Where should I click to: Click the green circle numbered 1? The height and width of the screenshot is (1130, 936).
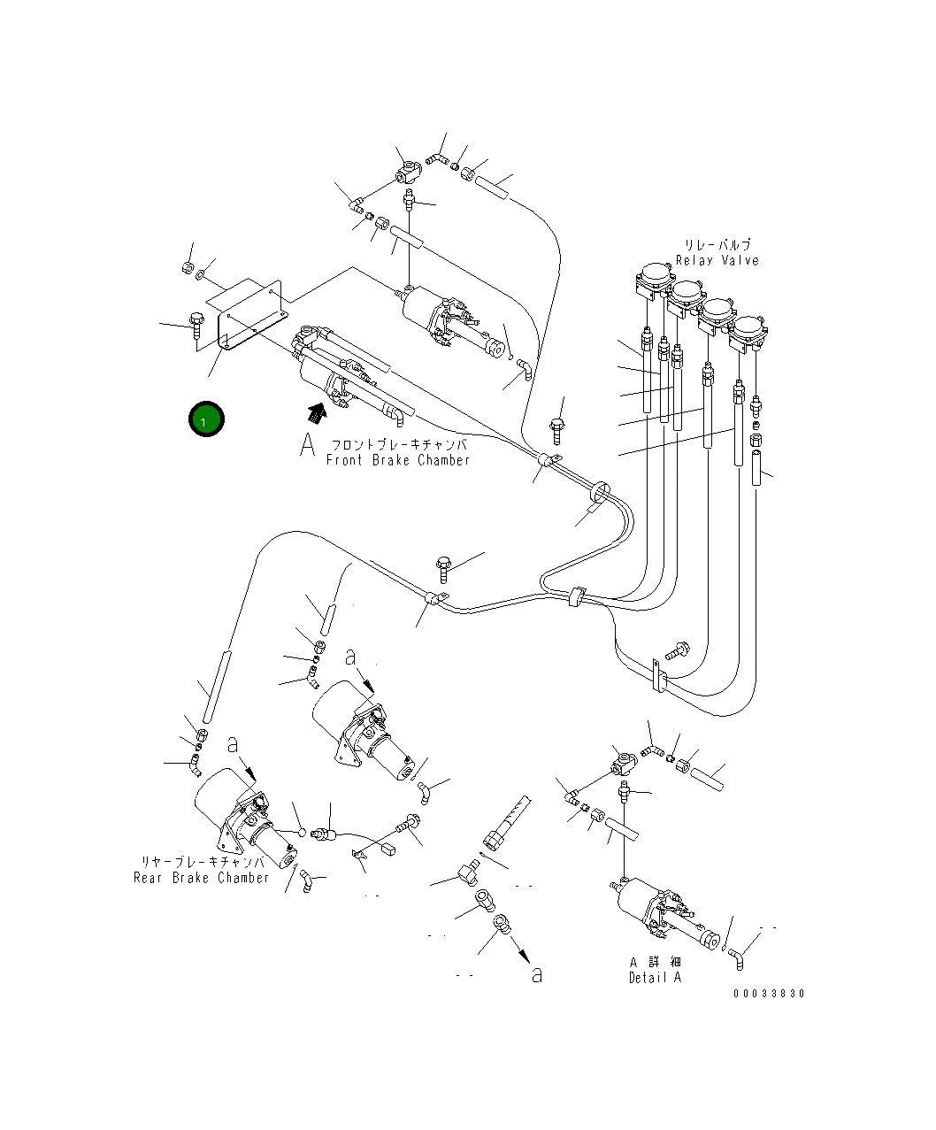click(x=206, y=419)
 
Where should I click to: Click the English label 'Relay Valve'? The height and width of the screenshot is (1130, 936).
click(x=717, y=260)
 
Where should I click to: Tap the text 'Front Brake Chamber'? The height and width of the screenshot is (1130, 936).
click(x=397, y=460)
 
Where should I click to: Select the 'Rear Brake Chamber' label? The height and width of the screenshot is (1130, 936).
click(x=202, y=877)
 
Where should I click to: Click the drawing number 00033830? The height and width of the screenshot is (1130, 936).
click(x=770, y=993)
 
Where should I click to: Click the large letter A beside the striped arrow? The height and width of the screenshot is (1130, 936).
click(x=307, y=444)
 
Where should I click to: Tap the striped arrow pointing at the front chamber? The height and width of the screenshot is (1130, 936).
click(x=317, y=413)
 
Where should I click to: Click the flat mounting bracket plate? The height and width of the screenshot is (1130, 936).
click(x=253, y=315)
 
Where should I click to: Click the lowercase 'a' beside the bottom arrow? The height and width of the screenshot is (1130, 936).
click(x=537, y=974)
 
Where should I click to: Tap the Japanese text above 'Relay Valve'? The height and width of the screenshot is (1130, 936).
click(x=717, y=244)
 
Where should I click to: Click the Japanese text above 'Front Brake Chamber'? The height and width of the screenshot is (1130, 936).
click(x=399, y=445)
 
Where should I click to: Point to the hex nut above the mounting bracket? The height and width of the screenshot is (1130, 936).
click(x=187, y=267)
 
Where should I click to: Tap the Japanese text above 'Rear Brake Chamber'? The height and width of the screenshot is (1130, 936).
click(x=203, y=862)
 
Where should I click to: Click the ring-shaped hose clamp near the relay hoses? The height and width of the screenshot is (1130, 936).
click(x=599, y=491)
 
